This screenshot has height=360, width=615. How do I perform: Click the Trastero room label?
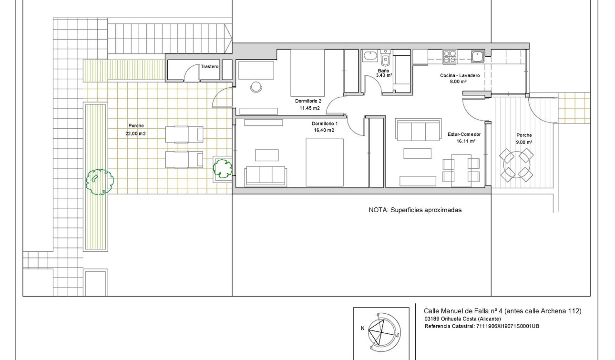210,67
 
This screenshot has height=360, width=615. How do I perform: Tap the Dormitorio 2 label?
308,101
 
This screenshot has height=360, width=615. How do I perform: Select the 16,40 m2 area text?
324,130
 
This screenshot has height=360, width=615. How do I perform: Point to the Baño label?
383,71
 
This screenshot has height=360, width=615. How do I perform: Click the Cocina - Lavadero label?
460,76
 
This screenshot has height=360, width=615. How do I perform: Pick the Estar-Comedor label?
464,134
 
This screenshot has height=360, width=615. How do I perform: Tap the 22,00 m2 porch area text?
135,134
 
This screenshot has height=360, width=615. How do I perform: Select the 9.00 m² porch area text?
524,142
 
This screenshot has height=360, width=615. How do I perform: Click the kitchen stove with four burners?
450,57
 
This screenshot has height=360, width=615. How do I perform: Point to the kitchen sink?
477,57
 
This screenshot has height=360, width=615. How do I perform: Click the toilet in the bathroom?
385,60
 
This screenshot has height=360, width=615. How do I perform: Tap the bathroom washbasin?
369,57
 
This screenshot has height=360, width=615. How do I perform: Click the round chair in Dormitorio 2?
256,87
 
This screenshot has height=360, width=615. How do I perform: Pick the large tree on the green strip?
100,181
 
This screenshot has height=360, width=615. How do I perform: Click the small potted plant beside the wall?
222,168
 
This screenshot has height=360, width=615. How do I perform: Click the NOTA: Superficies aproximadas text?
415,210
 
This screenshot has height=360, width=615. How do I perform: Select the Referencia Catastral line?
481,326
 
